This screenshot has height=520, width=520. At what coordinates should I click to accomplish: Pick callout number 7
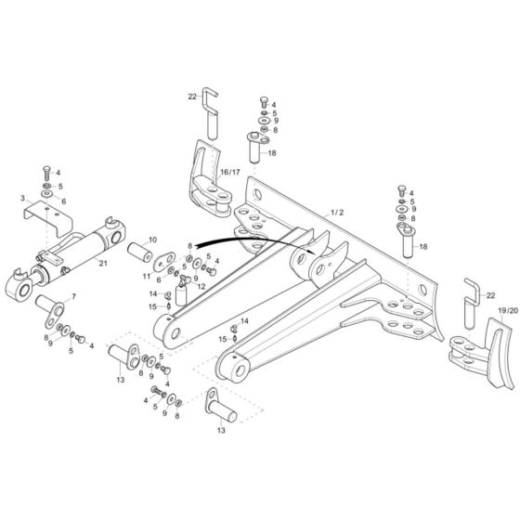[x=75, y=297]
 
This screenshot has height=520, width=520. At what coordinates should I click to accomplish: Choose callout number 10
[x=153, y=240]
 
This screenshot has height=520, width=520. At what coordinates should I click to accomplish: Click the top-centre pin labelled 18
[x=255, y=147]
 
